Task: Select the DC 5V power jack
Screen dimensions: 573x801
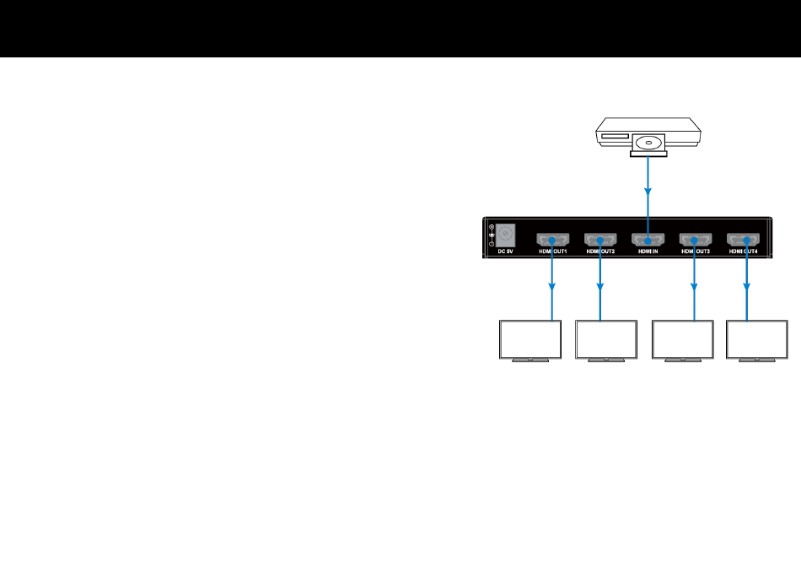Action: pyautogui.click(x=504, y=234)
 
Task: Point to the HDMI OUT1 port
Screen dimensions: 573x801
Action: pyautogui.click(x=552, y=238)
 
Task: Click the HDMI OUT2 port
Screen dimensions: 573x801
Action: pyautogui.click(x=600, y=238)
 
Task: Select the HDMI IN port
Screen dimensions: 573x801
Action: pyautogui.click(x=647, y=238)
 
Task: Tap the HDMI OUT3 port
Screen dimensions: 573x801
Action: pyautogui.click(x=695, y=238)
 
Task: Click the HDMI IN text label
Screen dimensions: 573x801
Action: pyautogui.click(x=648, y=251)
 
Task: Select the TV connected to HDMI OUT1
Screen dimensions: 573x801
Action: pyautogui.click(x=530, y=339)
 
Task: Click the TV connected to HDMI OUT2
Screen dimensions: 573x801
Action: pyautogui.click(x=605, y=339)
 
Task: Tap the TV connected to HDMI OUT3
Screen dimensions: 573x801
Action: pyautogui.click(x=682, y=339)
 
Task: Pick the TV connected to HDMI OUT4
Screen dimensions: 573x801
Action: pyautogui.click(x=756, y=339)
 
